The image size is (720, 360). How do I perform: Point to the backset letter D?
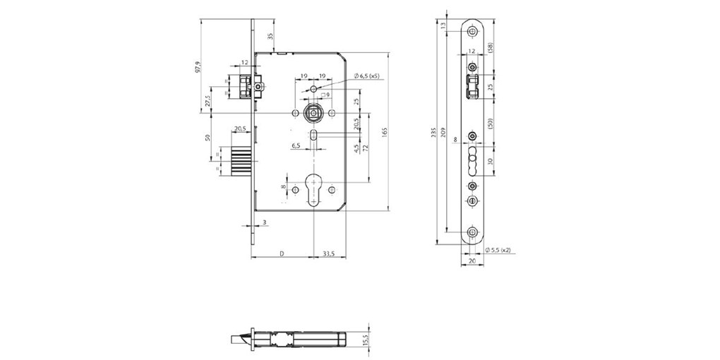coord(281,253)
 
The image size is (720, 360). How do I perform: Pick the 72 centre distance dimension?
coord(366,152)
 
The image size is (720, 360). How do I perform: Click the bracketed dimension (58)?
coord(489,47)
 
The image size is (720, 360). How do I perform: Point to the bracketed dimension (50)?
coord(489,123)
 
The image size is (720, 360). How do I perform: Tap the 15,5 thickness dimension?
coord(364,340)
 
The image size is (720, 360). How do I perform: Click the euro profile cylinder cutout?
coord(312,190)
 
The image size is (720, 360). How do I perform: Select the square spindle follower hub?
coord(311,114)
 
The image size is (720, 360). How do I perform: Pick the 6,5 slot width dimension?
coord(296,145)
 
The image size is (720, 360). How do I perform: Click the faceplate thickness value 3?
coord(264,222)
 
